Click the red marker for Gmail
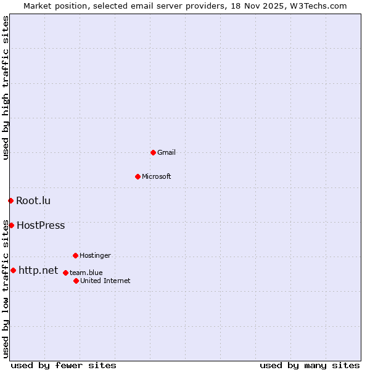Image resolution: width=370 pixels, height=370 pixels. click(x=153, y=152)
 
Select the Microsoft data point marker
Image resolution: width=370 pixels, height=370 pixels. click(x=138, y=176)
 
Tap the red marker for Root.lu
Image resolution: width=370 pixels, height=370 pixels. click(x=10, y=200)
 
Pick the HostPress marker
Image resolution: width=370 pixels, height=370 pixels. click(x=11, y=225)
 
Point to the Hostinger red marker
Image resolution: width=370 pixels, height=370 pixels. click(x=75, y=255)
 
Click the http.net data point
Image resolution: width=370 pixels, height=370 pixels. click(x=13, y=270)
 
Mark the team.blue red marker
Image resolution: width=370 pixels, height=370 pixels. click(x=65, y=273)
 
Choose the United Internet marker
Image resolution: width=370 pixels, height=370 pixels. click(x=76, y=281)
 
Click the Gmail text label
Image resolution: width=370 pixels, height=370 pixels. click(x=166, y=152)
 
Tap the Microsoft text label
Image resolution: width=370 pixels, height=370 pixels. click(x=156, y=176)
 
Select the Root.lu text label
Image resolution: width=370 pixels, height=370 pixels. click(x=33, y=200)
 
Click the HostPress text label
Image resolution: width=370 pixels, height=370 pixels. click(x=41, y=225)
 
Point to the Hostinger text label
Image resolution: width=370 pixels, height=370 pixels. click(x=95, y=255)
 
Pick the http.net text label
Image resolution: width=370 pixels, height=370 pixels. click(x=38, y=270)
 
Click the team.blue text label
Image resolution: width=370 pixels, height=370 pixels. click(x=86, y=273)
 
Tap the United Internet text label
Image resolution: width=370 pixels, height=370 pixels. click(x=105, y=281)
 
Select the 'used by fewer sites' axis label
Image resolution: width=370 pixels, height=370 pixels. click(x=64, y=365)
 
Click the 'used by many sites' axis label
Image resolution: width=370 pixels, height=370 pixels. click(x=310, y=365)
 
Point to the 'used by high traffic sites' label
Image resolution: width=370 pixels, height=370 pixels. click(x=6, y=88)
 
